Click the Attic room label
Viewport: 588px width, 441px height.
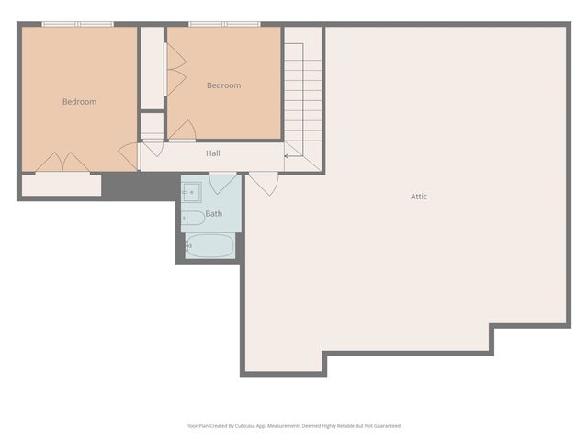[418, 196]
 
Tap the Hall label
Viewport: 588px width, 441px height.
[212, 153]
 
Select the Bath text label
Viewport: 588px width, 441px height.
[213, 213]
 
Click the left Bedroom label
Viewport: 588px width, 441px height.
[79, 102]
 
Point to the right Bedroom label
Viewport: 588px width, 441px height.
[223, 85]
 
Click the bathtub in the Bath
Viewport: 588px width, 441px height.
[209, 245]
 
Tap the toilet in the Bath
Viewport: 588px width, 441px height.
[193, 218]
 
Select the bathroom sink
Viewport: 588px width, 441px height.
[193, 192]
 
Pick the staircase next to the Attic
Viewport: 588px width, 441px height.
[303, 101]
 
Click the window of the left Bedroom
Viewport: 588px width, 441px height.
[77, 24]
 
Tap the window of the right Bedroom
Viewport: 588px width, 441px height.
[223, 24]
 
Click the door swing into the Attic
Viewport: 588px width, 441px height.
[265, 183]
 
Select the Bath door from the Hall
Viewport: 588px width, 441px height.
[223, 182]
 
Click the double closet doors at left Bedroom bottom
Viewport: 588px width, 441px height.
[62, 163]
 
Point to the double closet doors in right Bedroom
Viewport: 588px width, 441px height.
[175, 69]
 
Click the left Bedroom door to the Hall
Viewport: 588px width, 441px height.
[129, 154]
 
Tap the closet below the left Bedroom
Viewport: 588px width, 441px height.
[61, 185]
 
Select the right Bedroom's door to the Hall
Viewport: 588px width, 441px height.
[182, 130]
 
